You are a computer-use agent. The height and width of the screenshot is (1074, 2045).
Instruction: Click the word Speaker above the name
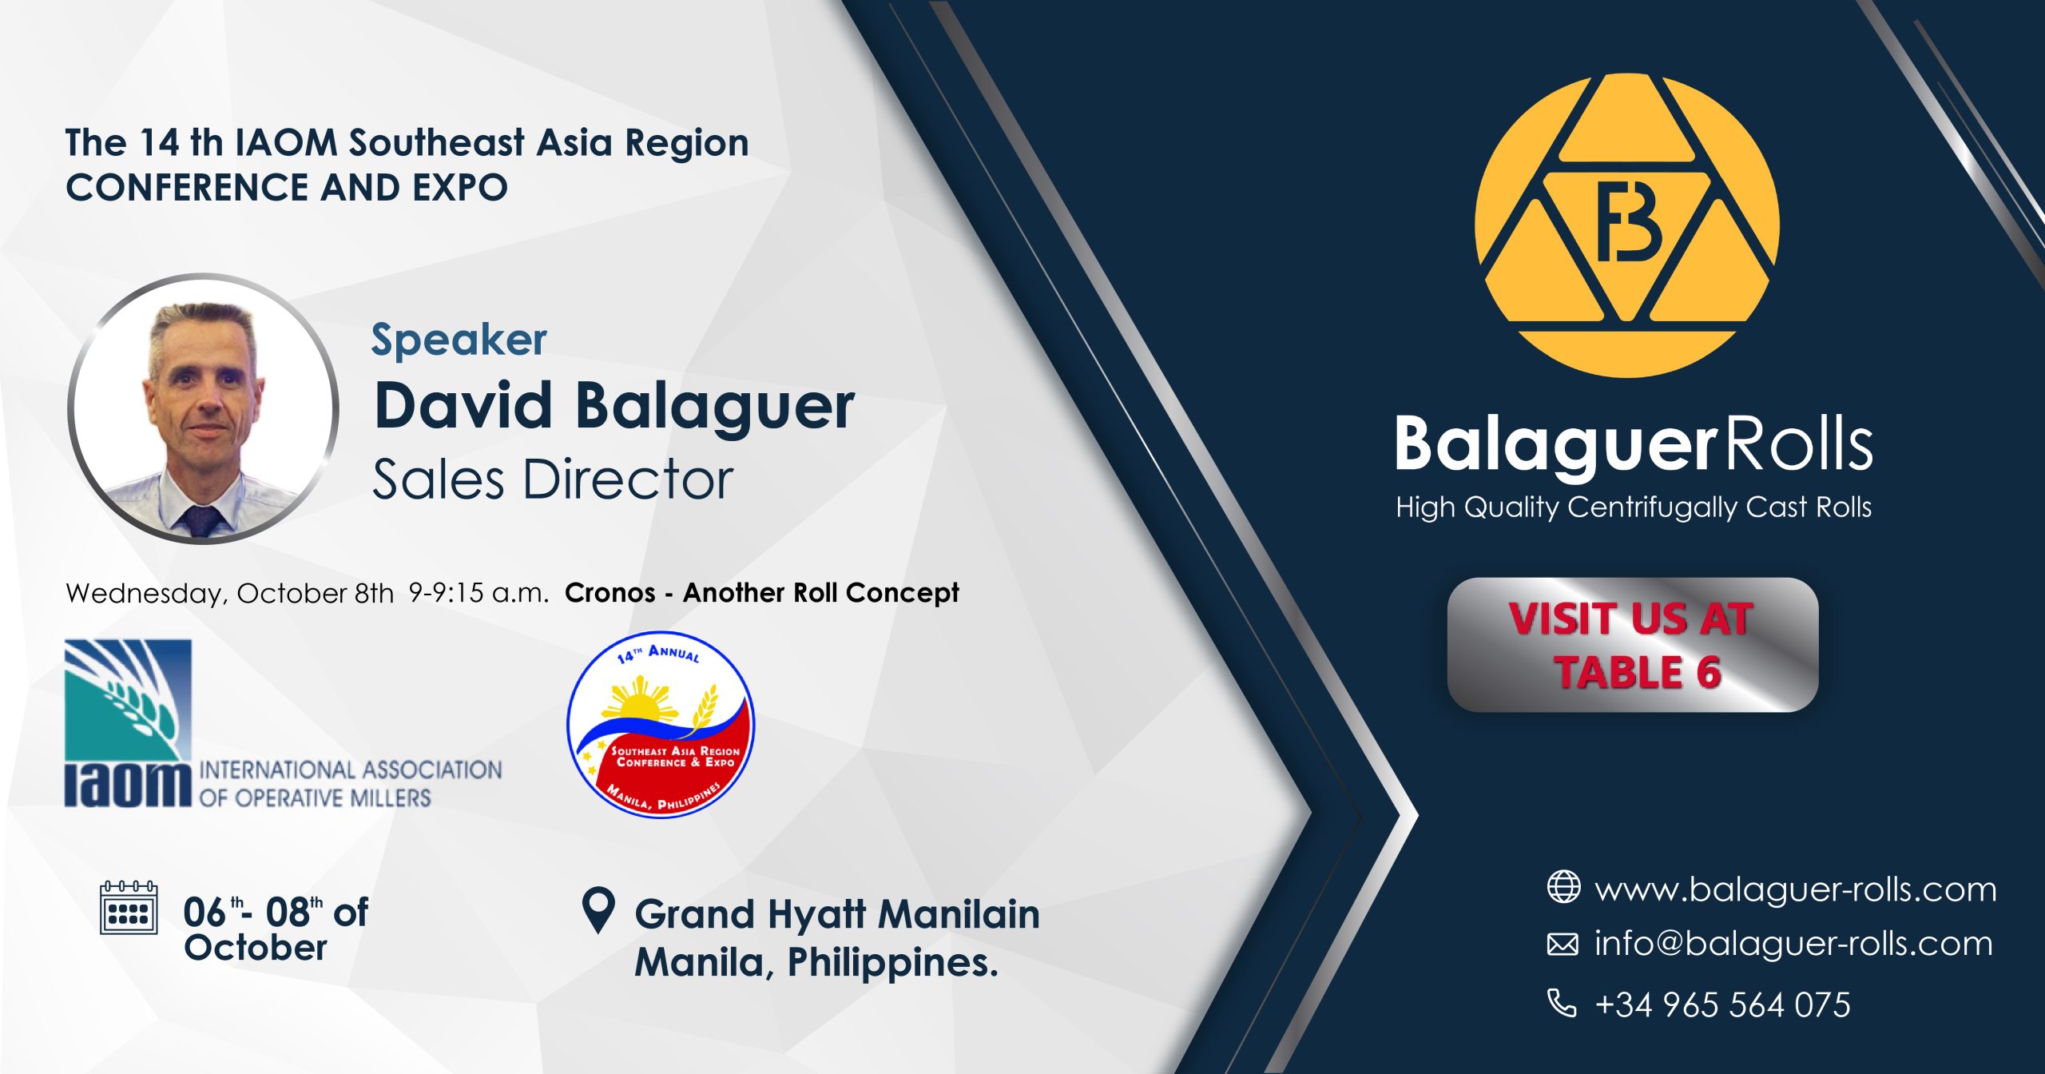(x=459, y=340)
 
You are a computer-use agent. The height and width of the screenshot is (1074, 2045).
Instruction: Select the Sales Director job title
(x=553, y=479)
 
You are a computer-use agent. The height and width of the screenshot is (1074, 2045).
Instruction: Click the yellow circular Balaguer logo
(x=1626, y=226)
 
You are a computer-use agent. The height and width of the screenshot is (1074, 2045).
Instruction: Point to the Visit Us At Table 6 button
(x=1632, y=645)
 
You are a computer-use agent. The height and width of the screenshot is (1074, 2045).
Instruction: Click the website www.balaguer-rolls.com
(x=1795, y=889)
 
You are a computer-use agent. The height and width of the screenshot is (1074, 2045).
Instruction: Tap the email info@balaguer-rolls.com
(x=1793, y=944)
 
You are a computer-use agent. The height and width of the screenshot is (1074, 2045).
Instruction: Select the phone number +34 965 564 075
(x=1722, y=1004)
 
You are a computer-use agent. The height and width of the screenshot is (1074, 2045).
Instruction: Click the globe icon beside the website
(x=1563, y=887)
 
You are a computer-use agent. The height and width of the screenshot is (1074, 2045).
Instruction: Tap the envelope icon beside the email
(x=1563, y=945)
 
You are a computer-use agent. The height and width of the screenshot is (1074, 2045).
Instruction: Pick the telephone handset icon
(x=1563, y=1003)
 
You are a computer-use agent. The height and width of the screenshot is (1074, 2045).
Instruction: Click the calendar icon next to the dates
(x=129, y=908)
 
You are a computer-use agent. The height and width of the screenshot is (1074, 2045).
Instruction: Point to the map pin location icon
(x=599, y=910)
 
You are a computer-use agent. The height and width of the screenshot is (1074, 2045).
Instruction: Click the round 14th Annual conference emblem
(x=661, y=725)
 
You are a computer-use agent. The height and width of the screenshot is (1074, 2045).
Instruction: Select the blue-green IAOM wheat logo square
(x=128, y=700)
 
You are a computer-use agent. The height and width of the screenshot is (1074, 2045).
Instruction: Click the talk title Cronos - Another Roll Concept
(x=761, y=593)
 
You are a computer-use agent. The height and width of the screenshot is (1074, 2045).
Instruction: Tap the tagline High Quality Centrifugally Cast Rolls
(x=1634, y=507)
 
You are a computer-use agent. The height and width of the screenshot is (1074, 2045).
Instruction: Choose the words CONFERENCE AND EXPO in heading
(x=287, y=188)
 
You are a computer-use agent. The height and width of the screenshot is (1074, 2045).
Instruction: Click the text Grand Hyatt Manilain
(x=837, y=914)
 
